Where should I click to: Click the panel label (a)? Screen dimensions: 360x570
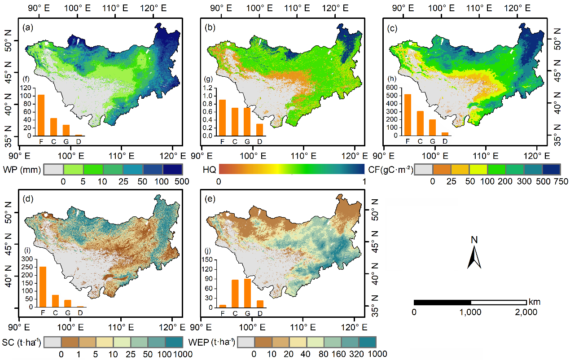(27, 28)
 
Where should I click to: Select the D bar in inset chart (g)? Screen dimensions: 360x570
(259, 130)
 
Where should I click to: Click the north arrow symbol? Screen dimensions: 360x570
(474, 257)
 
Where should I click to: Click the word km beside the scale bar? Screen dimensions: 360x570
(535, 302)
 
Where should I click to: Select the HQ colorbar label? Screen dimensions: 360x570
(209, 170)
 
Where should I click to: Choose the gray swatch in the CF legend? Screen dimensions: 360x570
(423, 170)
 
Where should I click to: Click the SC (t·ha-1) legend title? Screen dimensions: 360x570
(22, 343)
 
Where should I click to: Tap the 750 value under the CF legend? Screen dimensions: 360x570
(561, 181)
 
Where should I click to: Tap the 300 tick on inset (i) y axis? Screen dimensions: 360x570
(27, 259)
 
